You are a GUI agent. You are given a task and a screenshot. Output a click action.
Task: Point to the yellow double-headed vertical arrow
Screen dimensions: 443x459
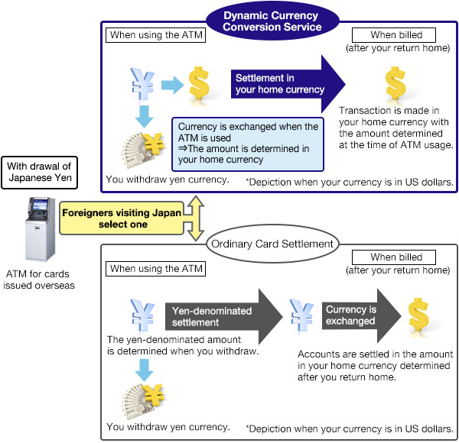point(197,218)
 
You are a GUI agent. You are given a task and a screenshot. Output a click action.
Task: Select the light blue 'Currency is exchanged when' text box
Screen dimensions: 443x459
point(248,143)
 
